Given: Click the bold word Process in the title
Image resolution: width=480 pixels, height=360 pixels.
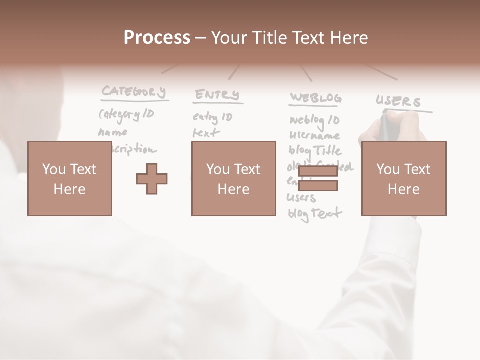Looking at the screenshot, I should (x=157, y=37).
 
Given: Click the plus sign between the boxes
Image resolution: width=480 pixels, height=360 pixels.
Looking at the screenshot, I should (x=152, y=179).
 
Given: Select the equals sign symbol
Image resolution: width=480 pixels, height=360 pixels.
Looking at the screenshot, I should (x=318, y=179).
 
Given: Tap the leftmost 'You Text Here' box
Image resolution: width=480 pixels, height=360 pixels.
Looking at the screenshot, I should (x=69, y=179).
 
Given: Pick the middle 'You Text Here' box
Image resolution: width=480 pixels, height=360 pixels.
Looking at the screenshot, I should (x=233, y=179).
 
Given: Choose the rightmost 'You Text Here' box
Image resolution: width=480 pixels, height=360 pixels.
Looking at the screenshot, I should (x=403, y=179).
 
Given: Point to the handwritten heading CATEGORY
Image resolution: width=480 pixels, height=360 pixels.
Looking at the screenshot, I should (x=133, y=92).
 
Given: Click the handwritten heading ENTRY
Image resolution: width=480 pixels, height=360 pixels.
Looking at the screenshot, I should (x=217, y=95).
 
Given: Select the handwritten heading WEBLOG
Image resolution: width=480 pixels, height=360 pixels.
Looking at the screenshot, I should (x=316, y=98).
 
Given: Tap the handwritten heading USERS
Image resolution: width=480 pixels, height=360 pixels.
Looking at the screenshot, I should (x=398, y=102).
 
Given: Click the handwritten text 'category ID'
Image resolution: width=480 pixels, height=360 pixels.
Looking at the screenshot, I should (x=126, y=115).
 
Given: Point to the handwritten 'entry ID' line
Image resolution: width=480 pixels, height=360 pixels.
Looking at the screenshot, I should (x=213, y=118).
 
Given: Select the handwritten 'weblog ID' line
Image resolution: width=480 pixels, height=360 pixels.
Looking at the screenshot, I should (x=314, y=120).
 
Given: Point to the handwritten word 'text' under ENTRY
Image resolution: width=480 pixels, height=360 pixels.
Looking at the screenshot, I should (x=206, y=133).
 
